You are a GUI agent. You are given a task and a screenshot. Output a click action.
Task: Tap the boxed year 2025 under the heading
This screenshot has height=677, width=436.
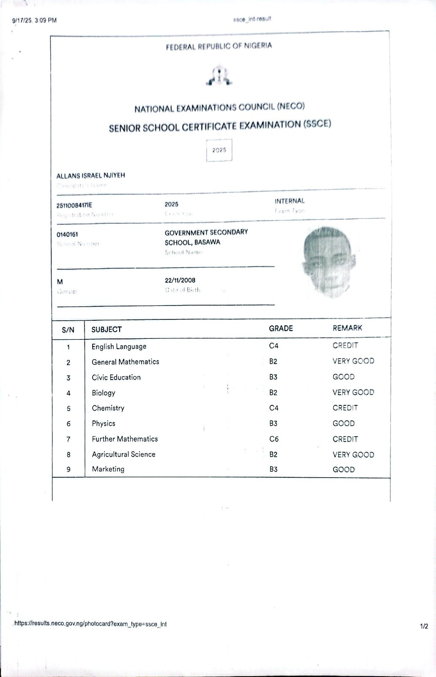(x=219, y=150)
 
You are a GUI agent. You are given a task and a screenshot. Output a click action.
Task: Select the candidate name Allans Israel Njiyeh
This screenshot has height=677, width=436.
(x=90, y=176)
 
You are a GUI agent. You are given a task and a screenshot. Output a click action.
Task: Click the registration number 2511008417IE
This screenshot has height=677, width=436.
(x=74, y=205)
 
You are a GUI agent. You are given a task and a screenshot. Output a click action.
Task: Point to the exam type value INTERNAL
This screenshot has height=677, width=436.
(x=289, y=201)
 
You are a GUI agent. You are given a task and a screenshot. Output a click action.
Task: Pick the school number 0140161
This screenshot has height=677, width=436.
(x=67, y=234)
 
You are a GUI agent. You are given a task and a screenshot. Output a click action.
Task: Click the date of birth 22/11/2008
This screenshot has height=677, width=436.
(x=180, y=280)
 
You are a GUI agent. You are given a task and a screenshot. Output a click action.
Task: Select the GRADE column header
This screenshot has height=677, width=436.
(x=281, y=328)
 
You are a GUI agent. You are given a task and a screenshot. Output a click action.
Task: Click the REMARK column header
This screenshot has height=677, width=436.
(x=347, y=328)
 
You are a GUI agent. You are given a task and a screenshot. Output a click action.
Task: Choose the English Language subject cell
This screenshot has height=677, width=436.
(x=119, y=347)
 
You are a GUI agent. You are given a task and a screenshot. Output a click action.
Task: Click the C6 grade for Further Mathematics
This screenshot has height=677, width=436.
(x=274, y=439)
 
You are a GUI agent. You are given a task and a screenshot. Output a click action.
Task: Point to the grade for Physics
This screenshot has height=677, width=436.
(x=273, y=424)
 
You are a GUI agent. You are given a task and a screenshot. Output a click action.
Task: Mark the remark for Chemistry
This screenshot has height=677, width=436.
(x=345, y=408)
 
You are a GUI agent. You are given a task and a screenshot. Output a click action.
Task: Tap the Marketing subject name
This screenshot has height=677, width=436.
(x=108, y=469)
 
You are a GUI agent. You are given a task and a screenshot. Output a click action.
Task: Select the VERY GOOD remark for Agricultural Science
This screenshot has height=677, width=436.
(x=353, y=455)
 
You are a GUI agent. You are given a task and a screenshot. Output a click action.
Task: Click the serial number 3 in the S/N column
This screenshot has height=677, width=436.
(x=68, y=378)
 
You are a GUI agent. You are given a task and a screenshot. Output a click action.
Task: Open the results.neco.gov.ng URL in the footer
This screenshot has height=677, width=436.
(x=90, y=624)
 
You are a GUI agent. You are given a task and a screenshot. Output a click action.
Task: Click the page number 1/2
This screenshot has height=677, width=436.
(x=424, y=626)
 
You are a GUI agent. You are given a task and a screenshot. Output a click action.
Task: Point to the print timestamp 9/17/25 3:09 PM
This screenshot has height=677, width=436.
(x=34, y=20)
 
